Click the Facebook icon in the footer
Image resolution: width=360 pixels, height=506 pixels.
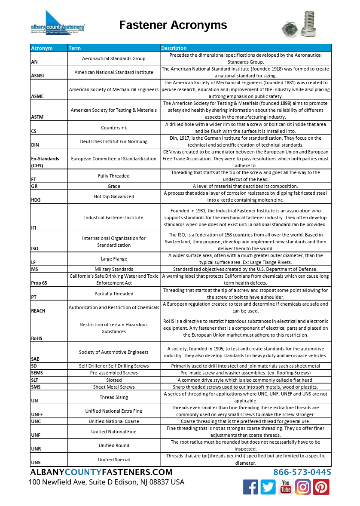point(251,487)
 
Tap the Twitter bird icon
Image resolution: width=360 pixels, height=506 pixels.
point(268,487)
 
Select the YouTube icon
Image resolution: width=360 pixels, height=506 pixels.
point(286,487)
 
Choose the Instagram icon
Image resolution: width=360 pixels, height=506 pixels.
point(303,487)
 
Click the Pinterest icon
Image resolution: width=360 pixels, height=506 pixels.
point(321,487)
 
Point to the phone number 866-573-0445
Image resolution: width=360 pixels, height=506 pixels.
point(302,472)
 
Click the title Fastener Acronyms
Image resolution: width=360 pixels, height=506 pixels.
point(173,25)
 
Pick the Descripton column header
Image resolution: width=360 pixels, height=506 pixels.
point(174,48)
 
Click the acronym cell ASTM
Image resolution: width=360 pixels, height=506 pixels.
point(37,117)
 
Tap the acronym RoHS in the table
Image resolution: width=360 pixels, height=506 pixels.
point(37,338)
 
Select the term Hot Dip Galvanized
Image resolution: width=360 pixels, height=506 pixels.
point(114,196)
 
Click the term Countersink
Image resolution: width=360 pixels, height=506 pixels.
point(114,128)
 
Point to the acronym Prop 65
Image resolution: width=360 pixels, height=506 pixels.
point(39,283)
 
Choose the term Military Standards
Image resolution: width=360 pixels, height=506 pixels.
point(114,269)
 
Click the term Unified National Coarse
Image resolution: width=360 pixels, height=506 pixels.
point(114,421)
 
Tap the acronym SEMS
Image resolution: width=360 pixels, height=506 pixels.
point(37,373)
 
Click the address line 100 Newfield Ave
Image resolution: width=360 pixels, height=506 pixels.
point(107,482)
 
